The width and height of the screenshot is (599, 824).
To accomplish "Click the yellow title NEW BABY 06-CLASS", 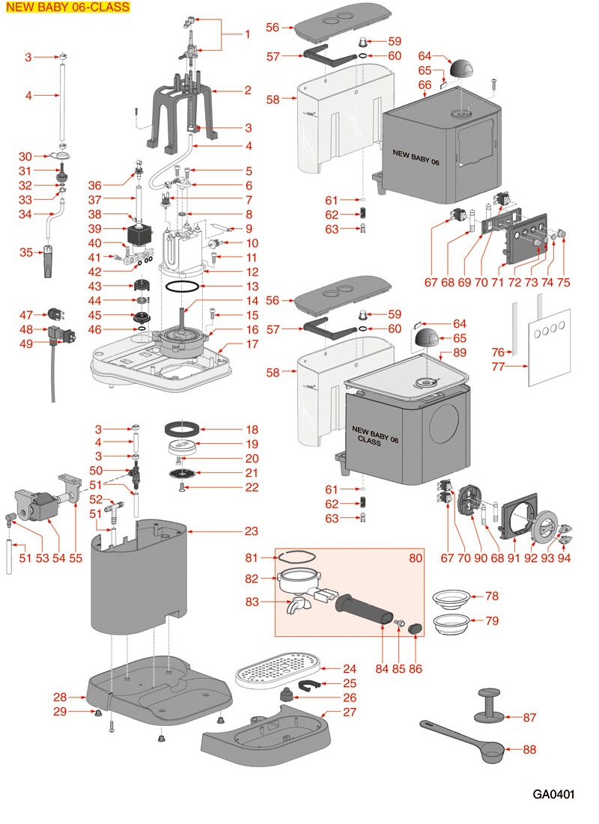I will coord(67,7).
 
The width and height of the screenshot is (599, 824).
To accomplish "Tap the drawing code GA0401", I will coord(553,794).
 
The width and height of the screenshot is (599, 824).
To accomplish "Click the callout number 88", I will coord(529,749).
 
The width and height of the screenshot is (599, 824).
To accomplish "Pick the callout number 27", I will coord(350,712).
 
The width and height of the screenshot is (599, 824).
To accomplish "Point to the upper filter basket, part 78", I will coord(457,598).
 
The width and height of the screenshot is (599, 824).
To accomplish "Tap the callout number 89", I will coord(460,352).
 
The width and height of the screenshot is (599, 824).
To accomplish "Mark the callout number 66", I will coord(425,85).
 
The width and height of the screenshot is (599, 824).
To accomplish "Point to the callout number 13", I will coord(249,287).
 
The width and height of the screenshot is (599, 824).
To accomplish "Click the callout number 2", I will coord(247,91).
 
